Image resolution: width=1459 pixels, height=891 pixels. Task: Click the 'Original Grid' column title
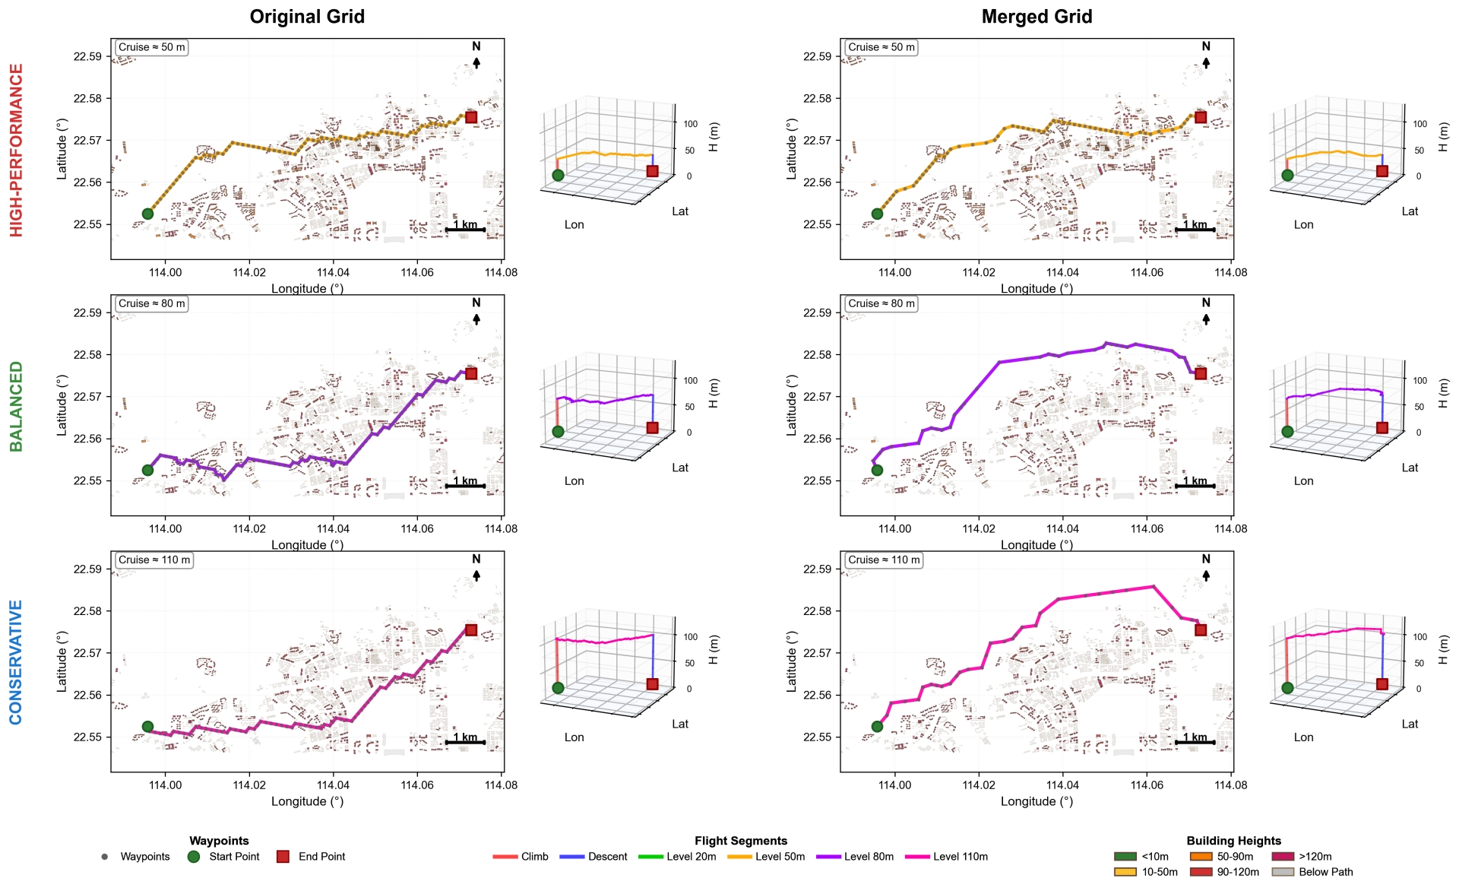(307, 17)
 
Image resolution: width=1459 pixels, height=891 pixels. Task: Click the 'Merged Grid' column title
(1036, 17)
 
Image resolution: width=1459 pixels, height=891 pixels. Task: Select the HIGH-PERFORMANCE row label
(16, 150)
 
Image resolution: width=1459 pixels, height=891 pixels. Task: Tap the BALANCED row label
(16, 406)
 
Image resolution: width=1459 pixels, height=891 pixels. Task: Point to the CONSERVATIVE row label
(16, 662)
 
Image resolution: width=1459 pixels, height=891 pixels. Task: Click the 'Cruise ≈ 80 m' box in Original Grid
(152, 303)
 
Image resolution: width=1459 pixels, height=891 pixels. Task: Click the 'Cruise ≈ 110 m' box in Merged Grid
(884, 560)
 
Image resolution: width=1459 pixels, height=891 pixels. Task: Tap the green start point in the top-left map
(147, 214)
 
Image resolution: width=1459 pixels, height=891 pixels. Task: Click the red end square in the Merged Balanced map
(1201, 373)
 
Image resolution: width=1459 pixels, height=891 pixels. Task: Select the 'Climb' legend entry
(521, 857)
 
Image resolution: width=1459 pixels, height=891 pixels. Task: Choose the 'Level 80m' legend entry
(855, 857)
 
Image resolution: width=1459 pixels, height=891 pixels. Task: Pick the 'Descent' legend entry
(593, 857)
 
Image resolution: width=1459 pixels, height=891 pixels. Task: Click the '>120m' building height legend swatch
(1282, 857)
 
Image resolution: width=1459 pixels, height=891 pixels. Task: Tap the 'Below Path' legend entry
(1312, 872)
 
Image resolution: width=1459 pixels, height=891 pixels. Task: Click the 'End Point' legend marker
(283, 857)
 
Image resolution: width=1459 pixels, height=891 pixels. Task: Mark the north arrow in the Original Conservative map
(476, 576)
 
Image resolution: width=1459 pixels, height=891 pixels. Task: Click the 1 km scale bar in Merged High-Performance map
(1195, 230)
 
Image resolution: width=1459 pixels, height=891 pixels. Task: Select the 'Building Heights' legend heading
(1234, 841)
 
